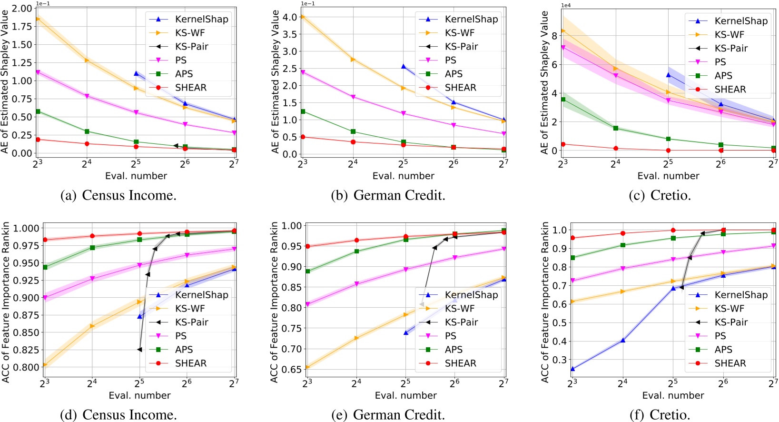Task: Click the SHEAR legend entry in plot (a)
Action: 190,88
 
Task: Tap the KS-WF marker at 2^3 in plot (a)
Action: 38,19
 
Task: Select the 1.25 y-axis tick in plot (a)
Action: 22,62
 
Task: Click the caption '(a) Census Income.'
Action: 118,195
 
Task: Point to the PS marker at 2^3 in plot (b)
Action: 303,72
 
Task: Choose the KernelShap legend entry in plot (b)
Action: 471,19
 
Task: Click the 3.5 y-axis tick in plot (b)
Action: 290,34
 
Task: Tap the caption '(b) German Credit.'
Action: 388,195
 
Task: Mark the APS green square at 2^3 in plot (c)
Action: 563,100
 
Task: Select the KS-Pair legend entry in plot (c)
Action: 731,48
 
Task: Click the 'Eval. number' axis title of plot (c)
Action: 668,176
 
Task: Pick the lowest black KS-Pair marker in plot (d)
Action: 139,350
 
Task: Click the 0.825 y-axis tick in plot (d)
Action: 27,350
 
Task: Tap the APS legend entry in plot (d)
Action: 184,350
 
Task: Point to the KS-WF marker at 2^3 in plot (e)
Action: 307,367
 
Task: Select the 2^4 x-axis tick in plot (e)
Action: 356,383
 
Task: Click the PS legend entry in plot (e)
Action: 450,336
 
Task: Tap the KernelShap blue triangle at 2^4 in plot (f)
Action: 622,340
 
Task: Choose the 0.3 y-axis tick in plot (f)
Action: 560,360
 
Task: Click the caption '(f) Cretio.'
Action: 660,415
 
